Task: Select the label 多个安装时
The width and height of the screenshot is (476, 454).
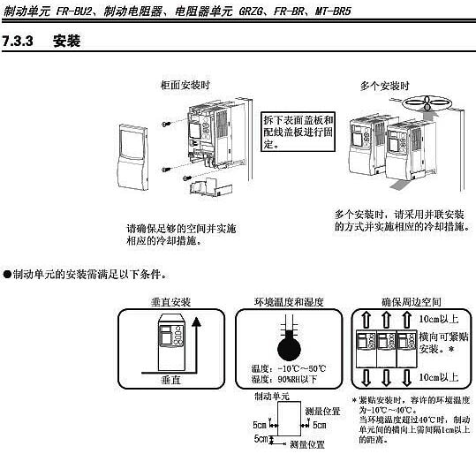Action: pos(384,86)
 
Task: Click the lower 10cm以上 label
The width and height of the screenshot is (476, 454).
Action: pos(438,377)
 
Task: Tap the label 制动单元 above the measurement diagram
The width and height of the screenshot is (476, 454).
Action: pos(272,397)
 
